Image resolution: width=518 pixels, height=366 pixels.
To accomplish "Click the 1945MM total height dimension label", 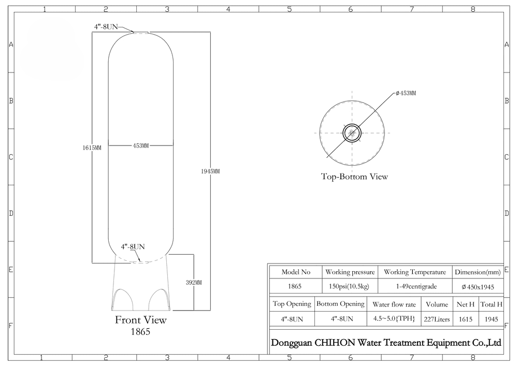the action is [210, 171].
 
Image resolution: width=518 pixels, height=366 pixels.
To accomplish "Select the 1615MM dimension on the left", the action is [92, 148].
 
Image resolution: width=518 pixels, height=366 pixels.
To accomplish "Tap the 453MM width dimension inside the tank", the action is [141, 145].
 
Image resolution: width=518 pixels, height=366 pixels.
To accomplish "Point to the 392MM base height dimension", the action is [194, 283].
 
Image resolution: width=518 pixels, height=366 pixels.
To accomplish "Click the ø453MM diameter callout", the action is [406, 93].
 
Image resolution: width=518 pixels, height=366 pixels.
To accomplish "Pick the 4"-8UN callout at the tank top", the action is [106, 27].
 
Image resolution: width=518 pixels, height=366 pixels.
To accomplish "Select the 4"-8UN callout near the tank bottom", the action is [133, 246].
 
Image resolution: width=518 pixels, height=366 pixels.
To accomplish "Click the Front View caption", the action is [141, 320].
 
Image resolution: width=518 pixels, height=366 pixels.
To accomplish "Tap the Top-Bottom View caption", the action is [354, 177].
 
